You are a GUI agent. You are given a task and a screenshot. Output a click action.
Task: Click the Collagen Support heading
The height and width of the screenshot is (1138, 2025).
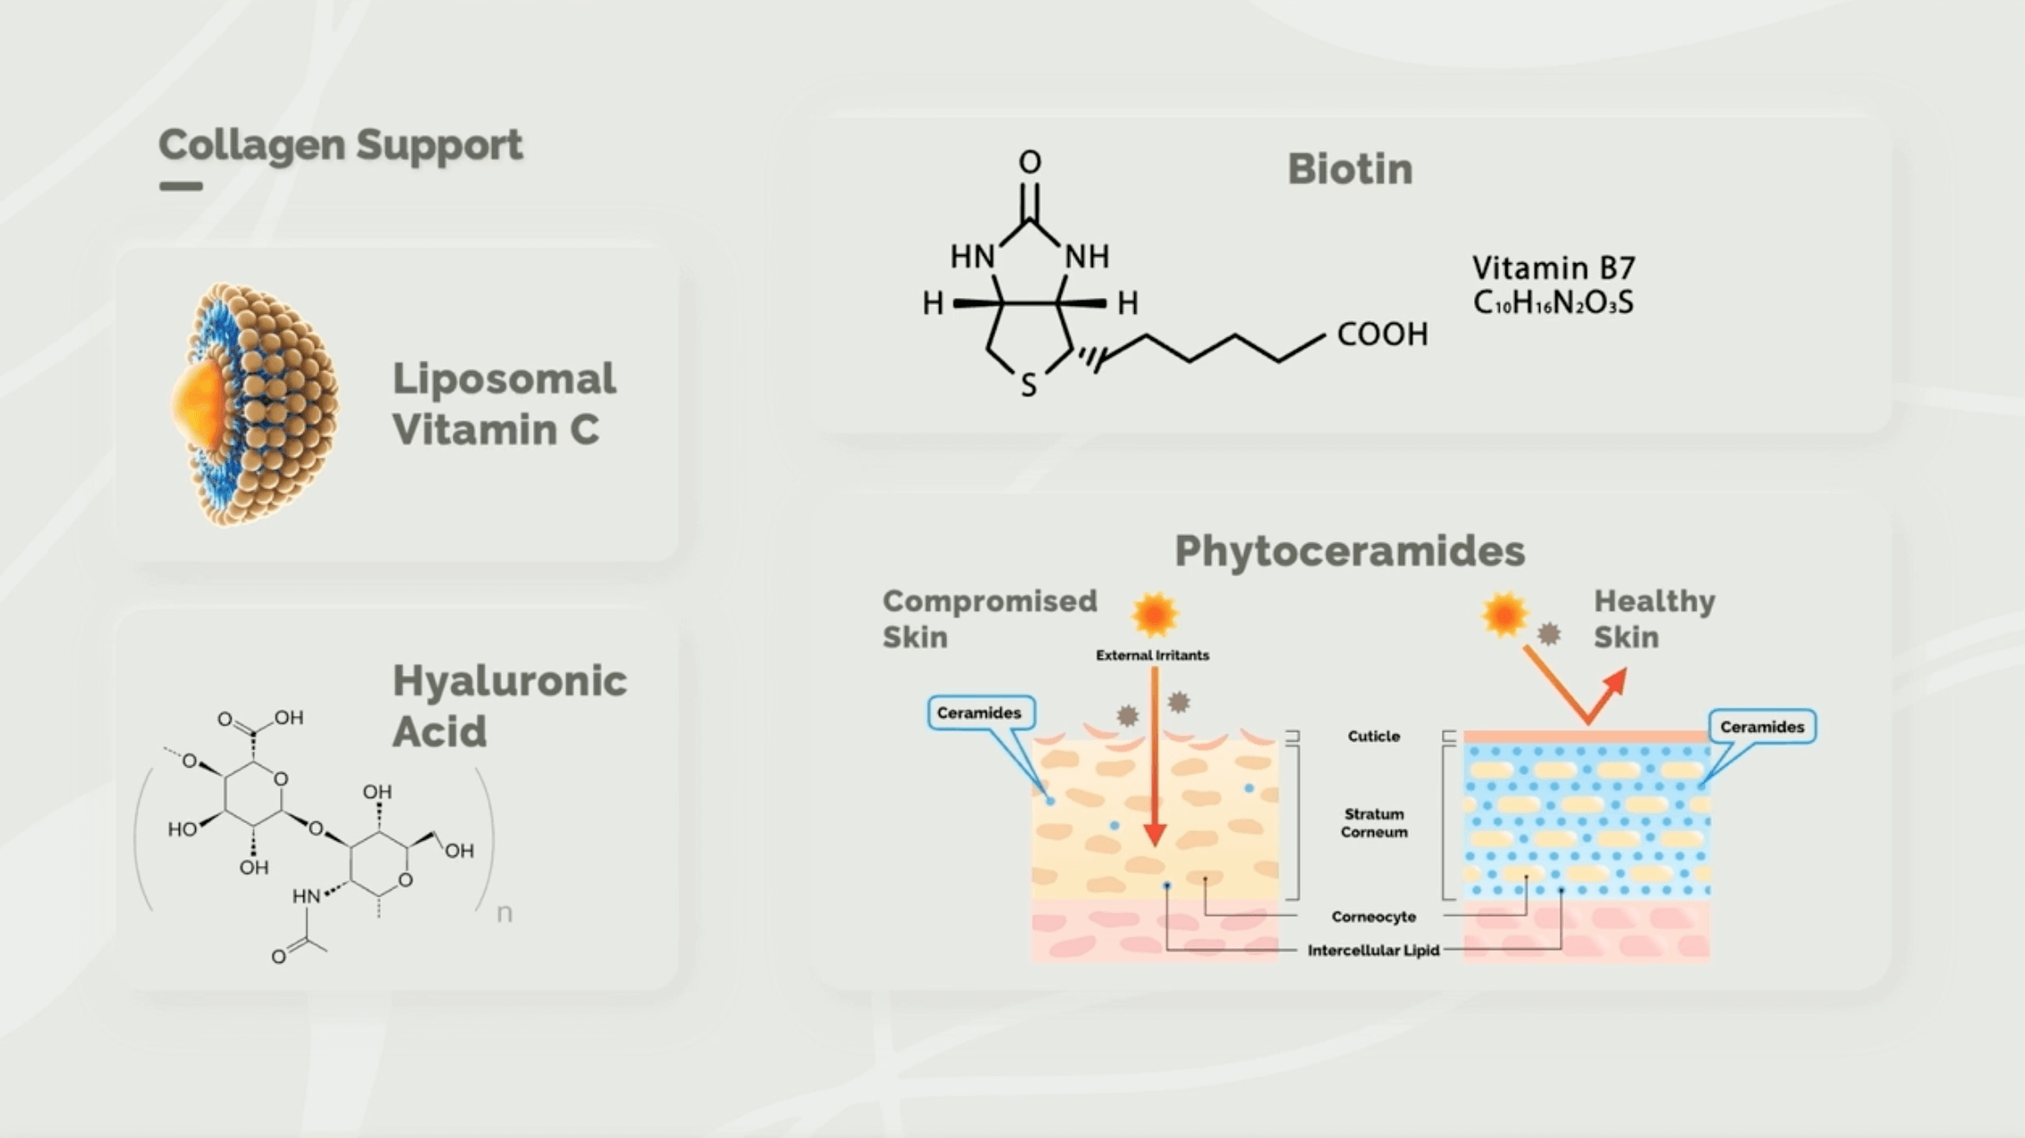340,145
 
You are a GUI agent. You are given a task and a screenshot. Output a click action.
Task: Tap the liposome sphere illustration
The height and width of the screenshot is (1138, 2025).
255,404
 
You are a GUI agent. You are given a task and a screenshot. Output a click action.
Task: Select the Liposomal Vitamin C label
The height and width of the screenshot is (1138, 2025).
504,403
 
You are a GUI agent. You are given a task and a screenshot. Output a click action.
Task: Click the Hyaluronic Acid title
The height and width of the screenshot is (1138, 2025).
509,706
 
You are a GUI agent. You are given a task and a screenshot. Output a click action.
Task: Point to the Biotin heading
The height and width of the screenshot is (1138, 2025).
1350,169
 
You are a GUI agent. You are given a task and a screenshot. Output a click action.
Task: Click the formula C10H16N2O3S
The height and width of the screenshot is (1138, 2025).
1554,303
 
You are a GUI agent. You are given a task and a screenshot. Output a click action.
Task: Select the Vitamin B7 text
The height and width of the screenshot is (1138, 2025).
1554,268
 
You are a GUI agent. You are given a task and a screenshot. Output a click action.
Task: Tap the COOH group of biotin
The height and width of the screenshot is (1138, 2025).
1382,335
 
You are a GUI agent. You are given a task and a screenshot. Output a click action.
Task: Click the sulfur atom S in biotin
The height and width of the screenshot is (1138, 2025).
1029,386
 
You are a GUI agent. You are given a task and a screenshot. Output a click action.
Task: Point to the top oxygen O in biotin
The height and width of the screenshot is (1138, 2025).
1029,163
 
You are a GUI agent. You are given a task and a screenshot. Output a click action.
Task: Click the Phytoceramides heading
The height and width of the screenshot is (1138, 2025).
1350,551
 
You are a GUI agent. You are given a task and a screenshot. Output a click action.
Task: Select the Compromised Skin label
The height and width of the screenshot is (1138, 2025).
989,619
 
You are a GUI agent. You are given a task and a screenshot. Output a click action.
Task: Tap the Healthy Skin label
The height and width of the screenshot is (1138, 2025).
1654,619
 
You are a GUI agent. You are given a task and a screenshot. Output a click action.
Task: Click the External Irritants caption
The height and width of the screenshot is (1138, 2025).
1152,656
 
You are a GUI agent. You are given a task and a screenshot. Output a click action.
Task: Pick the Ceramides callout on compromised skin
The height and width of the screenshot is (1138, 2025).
979,713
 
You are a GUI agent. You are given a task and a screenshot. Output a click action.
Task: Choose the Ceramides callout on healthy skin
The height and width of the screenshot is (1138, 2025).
1762,727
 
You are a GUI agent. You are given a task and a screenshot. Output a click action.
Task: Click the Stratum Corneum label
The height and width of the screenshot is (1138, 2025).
1374,823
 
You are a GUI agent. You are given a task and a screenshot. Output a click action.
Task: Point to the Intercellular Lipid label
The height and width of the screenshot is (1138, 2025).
1374,951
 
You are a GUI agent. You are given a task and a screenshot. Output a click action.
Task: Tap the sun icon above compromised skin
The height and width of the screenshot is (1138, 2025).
1155,615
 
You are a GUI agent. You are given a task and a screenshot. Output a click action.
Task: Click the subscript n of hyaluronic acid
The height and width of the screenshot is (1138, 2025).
504,913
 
